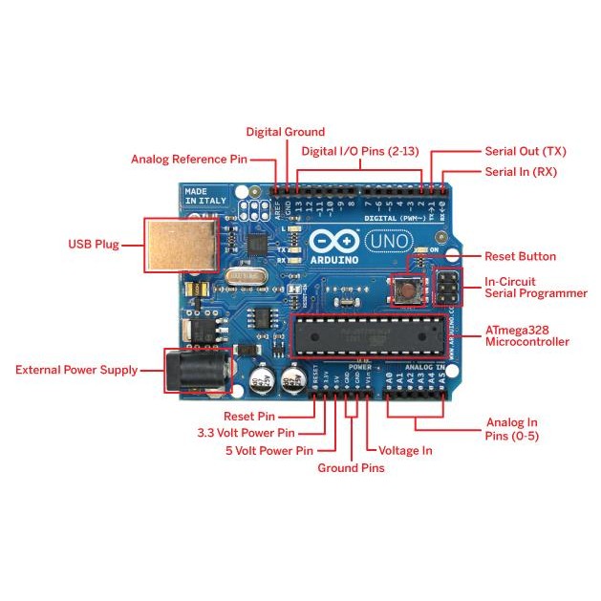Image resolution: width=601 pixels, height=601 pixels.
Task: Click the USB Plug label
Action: tap(94, 245)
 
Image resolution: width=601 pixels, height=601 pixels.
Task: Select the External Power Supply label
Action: tap(76, 370)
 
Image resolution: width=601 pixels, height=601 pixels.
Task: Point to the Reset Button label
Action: tap(520, 256)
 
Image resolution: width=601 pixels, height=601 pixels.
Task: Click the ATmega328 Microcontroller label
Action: tap(526, 335)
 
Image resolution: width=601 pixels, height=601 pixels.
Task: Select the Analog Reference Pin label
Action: tap(189, 160)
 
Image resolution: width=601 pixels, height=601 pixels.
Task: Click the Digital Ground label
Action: tap(285, 132)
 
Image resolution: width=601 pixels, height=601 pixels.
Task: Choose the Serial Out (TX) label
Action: tap(526, 151)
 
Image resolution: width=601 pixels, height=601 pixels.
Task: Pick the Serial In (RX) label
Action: tap(521, 172)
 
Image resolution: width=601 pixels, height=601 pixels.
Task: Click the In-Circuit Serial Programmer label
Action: tap(535, 288)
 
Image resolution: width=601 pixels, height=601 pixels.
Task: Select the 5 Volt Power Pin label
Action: tap(268, 449)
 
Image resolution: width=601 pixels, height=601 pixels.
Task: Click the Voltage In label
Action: tap(405, 450)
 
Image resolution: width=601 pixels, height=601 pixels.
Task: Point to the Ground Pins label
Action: tap(351, 468)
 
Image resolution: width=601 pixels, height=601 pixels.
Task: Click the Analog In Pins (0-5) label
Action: tap(512, 428)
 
